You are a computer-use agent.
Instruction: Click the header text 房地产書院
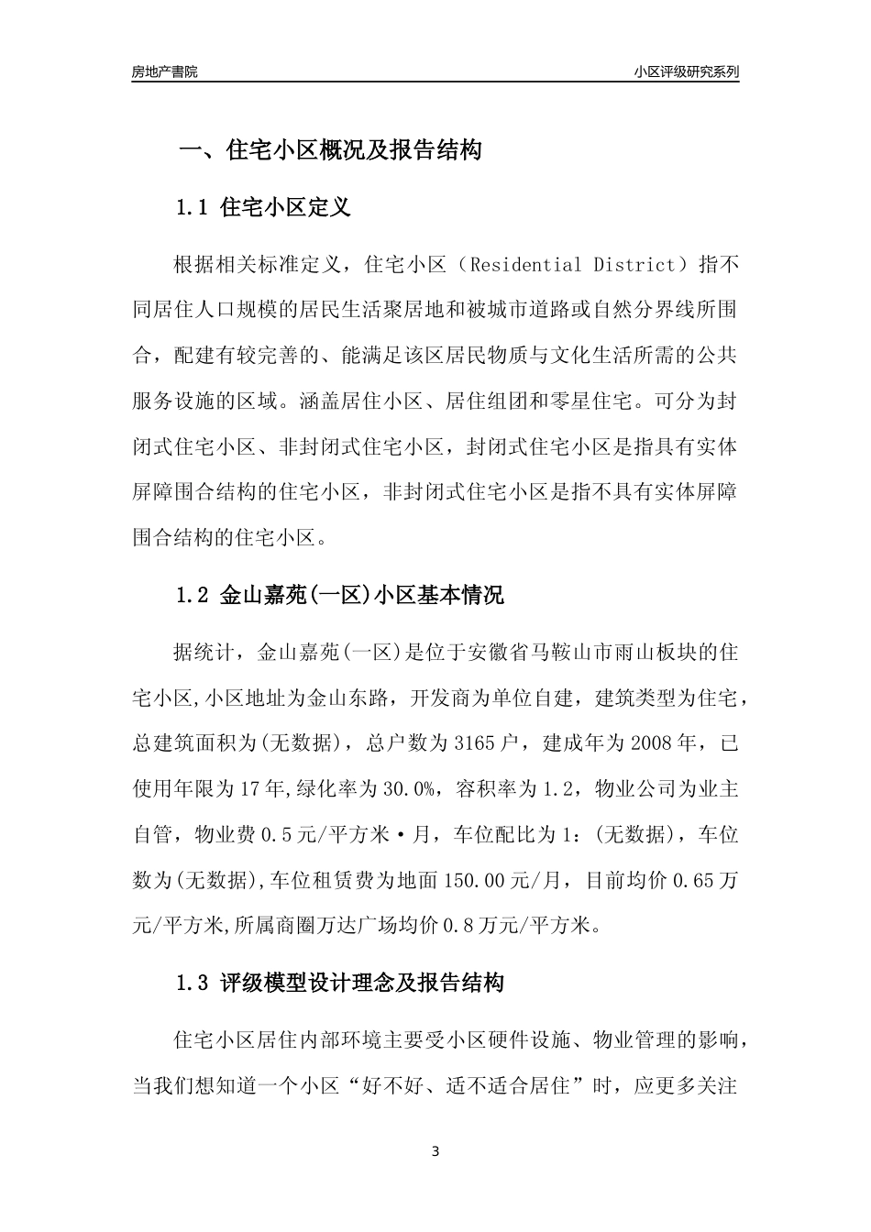164,71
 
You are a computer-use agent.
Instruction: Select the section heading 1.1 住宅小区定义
263,207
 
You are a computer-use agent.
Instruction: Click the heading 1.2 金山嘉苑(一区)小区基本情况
339,596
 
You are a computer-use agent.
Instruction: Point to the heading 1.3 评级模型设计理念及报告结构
339,984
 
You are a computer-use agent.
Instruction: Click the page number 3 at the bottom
435,1151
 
